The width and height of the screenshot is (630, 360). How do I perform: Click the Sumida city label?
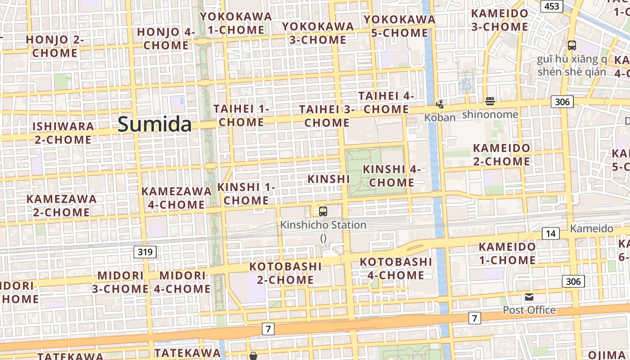(x=154, y=124)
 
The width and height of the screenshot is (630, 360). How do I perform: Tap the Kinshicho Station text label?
(x=323, y=225)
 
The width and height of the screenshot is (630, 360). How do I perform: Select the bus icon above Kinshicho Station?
(x=323, y=211)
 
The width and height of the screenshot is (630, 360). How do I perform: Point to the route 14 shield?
(x=551, y=233)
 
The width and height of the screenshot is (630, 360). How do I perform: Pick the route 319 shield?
(x=145, y=252)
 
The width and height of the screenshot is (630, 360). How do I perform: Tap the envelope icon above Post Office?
(x=529, y=297)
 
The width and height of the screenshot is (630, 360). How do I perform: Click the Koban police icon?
(x=440, y=104)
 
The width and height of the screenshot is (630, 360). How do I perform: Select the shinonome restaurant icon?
(x=490, y=101)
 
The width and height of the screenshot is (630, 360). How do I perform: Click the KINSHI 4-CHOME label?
(x=391, y=176)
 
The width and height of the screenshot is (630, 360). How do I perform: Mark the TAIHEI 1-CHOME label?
(x=241, y=116)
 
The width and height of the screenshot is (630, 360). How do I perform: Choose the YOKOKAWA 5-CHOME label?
(x=400, y=26)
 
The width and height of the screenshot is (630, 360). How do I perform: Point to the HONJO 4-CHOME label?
(x=166, y=39)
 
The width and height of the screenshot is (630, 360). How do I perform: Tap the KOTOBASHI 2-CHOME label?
(x=285, y=273)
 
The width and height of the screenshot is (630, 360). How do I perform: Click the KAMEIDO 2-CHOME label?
(x=501, y=154)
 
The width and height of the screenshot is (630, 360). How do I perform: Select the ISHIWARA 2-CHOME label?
(x=63, y=133)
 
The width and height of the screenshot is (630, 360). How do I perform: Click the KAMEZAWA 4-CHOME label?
(x=176, y=198)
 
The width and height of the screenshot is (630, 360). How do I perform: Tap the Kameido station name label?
(x=591, y=229)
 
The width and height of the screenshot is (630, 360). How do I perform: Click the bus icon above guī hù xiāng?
(x=571, y=45)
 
